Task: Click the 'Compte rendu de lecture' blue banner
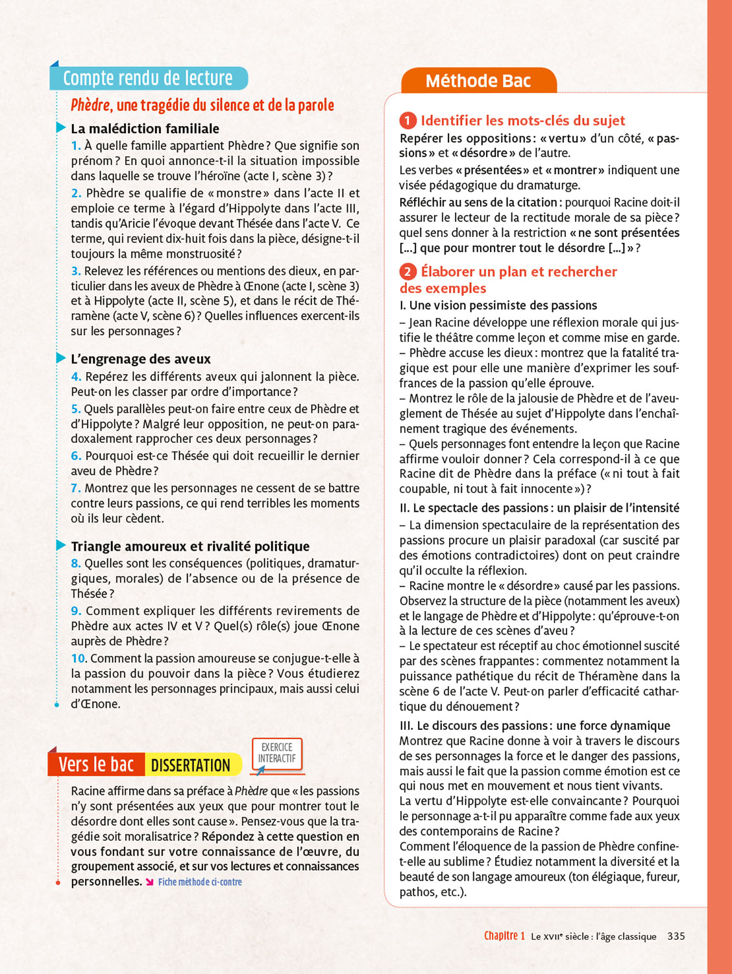click(148, 79)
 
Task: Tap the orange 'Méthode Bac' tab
click(478, 81)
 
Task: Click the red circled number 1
click(408, 121)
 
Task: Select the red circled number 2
click(408, 271)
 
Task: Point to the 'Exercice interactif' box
click(277, 753)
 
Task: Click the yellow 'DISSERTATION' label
click(191, 766)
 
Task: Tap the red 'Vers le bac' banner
click(96, 765)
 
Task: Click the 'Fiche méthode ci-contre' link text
click(200, 882)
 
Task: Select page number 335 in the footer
click(676, 936)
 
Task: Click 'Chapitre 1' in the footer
click(504, 936)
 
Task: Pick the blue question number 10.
click(79, 658)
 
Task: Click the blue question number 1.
click(76, 146)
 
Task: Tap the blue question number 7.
click(76, 488)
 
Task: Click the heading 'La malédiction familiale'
click(145, 129)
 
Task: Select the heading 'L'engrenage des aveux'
click(141, 359)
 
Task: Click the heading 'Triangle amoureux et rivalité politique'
click(190, 547)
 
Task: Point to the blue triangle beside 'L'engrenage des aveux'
click(61, 358)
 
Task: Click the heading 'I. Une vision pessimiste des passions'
click(498, 305)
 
